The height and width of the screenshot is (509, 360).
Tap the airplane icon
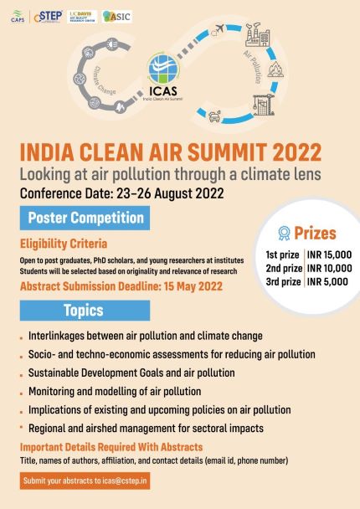220,31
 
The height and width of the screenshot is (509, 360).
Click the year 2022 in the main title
290,153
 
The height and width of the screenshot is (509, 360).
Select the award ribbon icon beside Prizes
285,234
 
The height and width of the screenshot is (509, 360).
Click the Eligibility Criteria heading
64,244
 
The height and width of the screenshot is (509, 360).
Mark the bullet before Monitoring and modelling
21,392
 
